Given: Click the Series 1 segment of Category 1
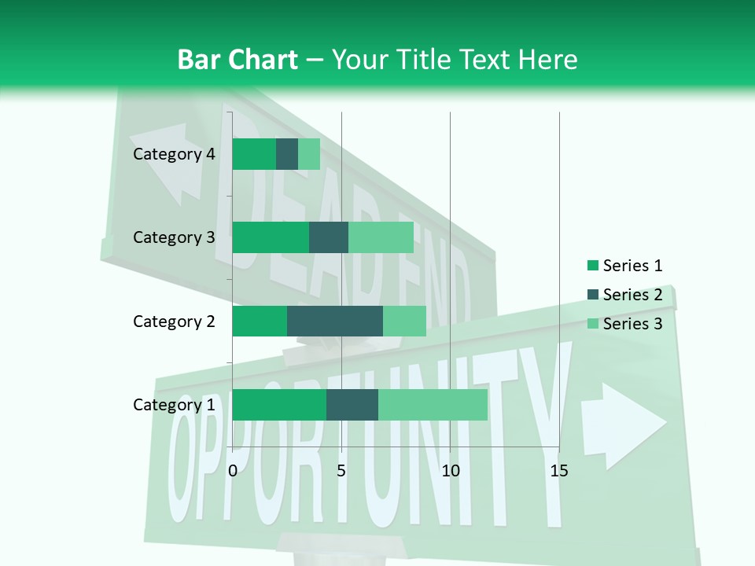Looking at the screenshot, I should click(x=279, y=404).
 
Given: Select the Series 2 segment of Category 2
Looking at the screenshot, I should click(x=335, y=321).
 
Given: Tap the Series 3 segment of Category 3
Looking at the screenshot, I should click(x=381, y=237).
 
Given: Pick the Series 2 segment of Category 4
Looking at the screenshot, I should click(x=287, y=154).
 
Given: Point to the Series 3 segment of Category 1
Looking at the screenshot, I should click(x=433, y=404).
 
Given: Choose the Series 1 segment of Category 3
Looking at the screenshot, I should click(x=271, y=237).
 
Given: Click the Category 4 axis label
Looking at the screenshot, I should click(x=174, y=154).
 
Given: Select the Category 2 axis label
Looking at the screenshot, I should click(x=174, y=321).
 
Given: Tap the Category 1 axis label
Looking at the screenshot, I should click(x=174, y=405).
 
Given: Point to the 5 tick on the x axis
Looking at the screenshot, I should click(x=341, y=471).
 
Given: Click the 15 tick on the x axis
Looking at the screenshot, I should click(x=558, y=471).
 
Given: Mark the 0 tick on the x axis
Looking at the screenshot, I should click(x=233, y=471).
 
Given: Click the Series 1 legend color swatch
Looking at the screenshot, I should click(x=592, y=266).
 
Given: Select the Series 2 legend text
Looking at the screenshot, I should click(x=632, y=295).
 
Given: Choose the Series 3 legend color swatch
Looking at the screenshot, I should click(x=592, y=324).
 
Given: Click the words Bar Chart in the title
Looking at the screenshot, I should click(x=238, y=59).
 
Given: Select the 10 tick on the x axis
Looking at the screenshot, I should click(x=450, y=471).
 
